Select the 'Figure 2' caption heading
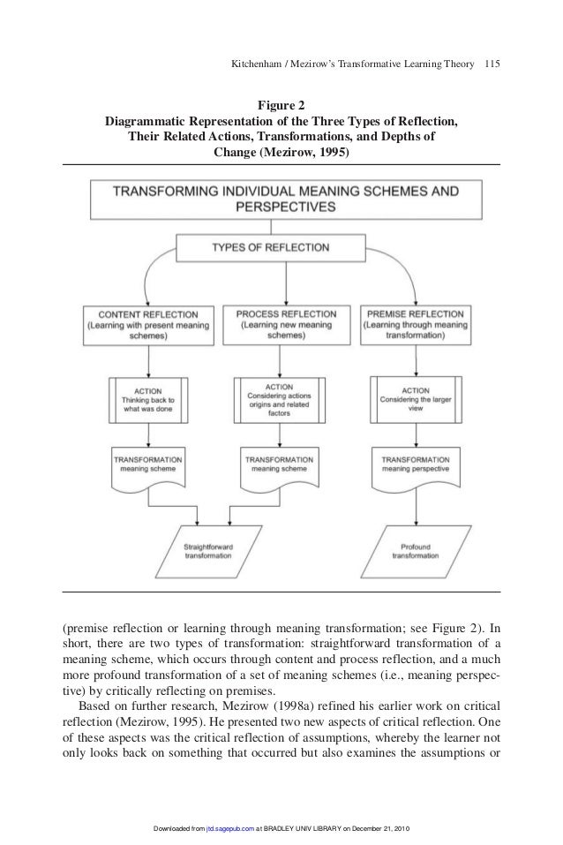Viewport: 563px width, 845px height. [281, 104]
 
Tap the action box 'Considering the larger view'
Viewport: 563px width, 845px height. [414, 399]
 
